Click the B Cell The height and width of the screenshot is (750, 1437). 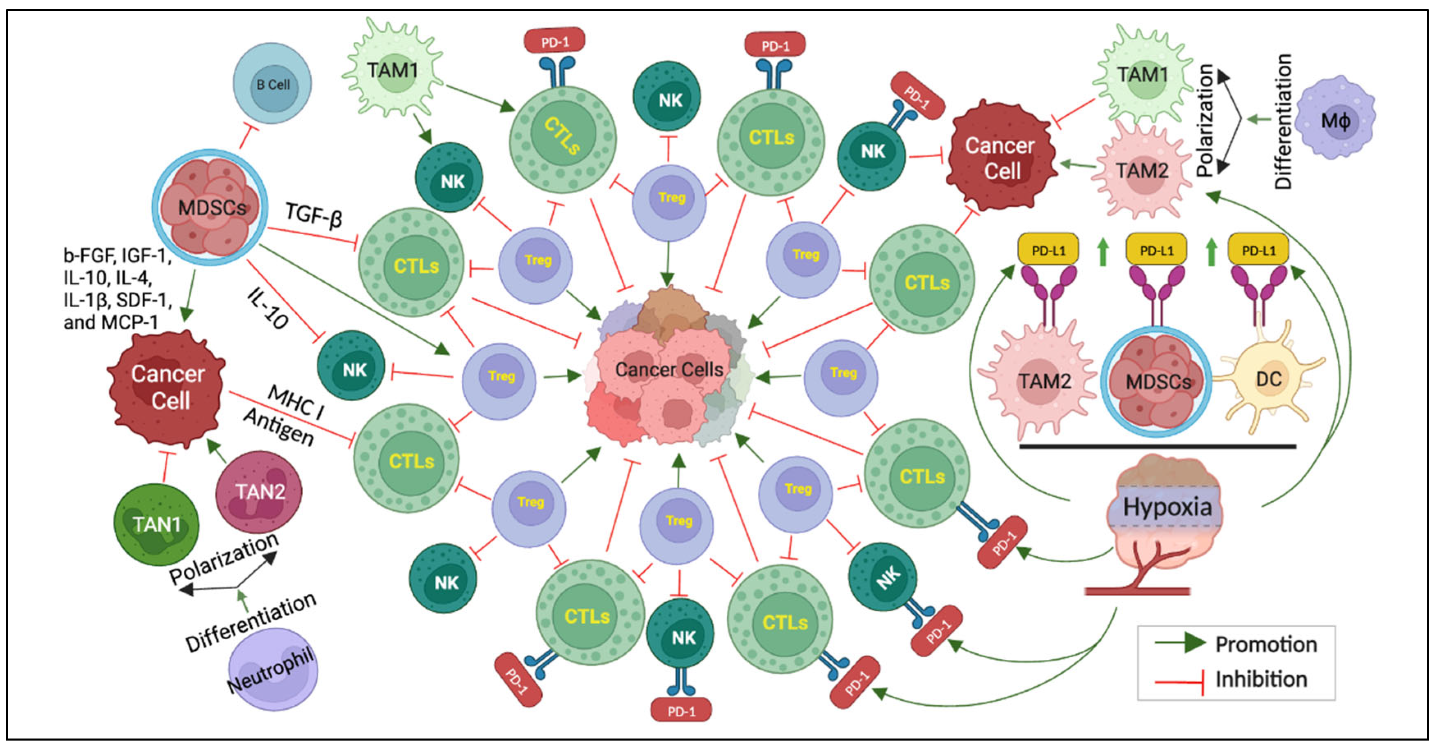pyautogui.click(x=272, y=84)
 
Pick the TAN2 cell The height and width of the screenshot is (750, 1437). pyautogui.click(x=260, y=492)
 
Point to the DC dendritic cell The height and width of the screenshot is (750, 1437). pyautogui.click(x=1268, y=379)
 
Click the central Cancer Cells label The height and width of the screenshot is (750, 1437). pyautogui.click(x=669, y=369)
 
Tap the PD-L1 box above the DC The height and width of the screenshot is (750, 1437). pyautogui.click(x=1259, y=251)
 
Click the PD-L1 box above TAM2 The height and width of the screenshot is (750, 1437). pyautogui.click(x=1048, y=251)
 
